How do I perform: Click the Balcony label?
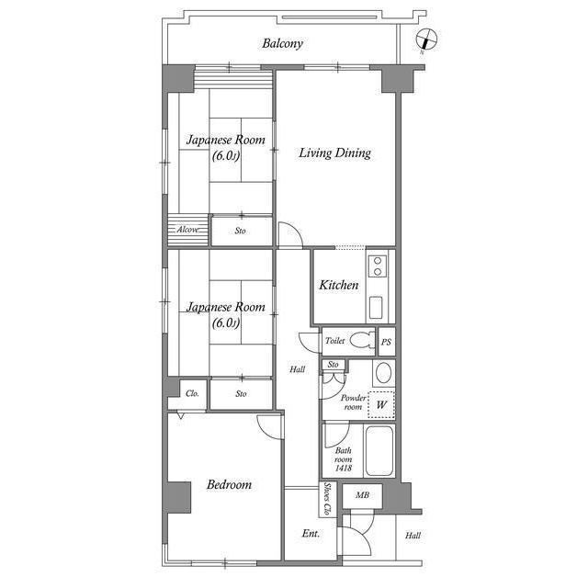tap(282, 43)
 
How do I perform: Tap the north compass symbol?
tap(427, 39)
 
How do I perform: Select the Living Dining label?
tap(334, 153)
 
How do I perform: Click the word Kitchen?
tap(339, 285)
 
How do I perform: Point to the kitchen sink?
tap(376, 308)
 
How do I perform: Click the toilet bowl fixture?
tap(362, 340)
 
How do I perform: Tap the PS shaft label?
tap(386, 342)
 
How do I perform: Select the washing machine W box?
tap(381, 404)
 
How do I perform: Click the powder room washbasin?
tap(384, 374)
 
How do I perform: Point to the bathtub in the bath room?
tap(379, 451)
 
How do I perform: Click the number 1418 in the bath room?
tap(344, 468)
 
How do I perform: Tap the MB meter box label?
tap(362, 495)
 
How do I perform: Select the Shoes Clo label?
tap(327, 499)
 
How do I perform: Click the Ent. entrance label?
tap(311, 533)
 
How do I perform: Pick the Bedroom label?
tap(229, 484)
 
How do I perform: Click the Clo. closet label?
tap(192, 393)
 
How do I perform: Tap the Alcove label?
tap(187, 230)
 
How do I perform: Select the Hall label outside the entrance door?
tap(413, 536)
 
